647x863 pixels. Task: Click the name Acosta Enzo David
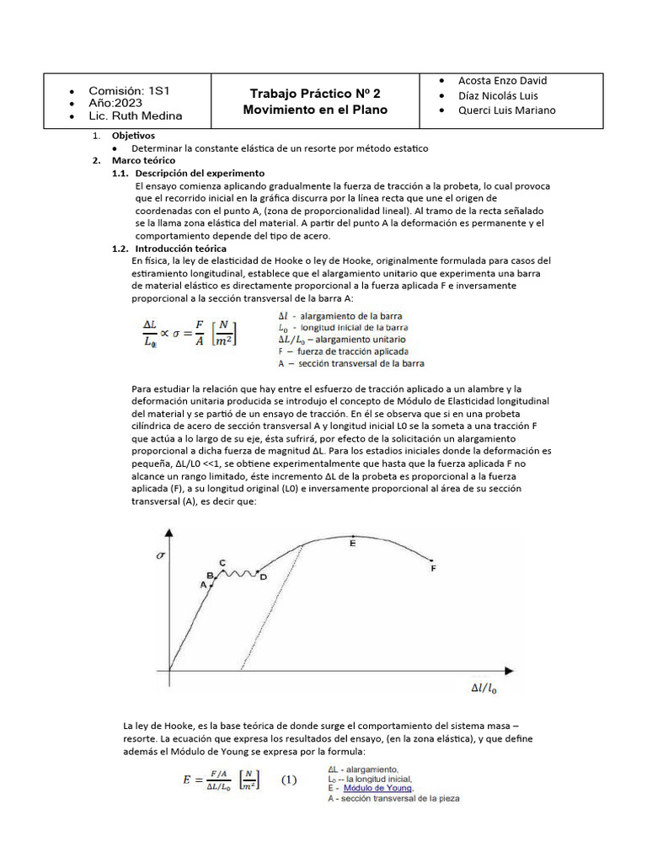(502, 81)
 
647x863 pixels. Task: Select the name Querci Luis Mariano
(506, 110)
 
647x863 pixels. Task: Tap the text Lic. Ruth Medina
(135, 116)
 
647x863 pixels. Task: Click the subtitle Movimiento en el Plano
(315, 110)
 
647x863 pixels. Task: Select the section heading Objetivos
(133, 136)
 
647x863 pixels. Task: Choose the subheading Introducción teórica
(180, 249)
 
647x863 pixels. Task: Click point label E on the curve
(352, 544)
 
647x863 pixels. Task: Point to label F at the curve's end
(433, 569)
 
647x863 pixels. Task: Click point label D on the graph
(263, 577)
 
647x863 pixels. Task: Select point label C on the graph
(222, 562)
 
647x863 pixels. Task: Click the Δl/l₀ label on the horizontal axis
(483, 689)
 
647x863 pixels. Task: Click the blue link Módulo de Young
(378, 789)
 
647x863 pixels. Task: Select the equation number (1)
(289, 780)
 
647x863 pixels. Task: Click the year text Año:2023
(121, 103)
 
